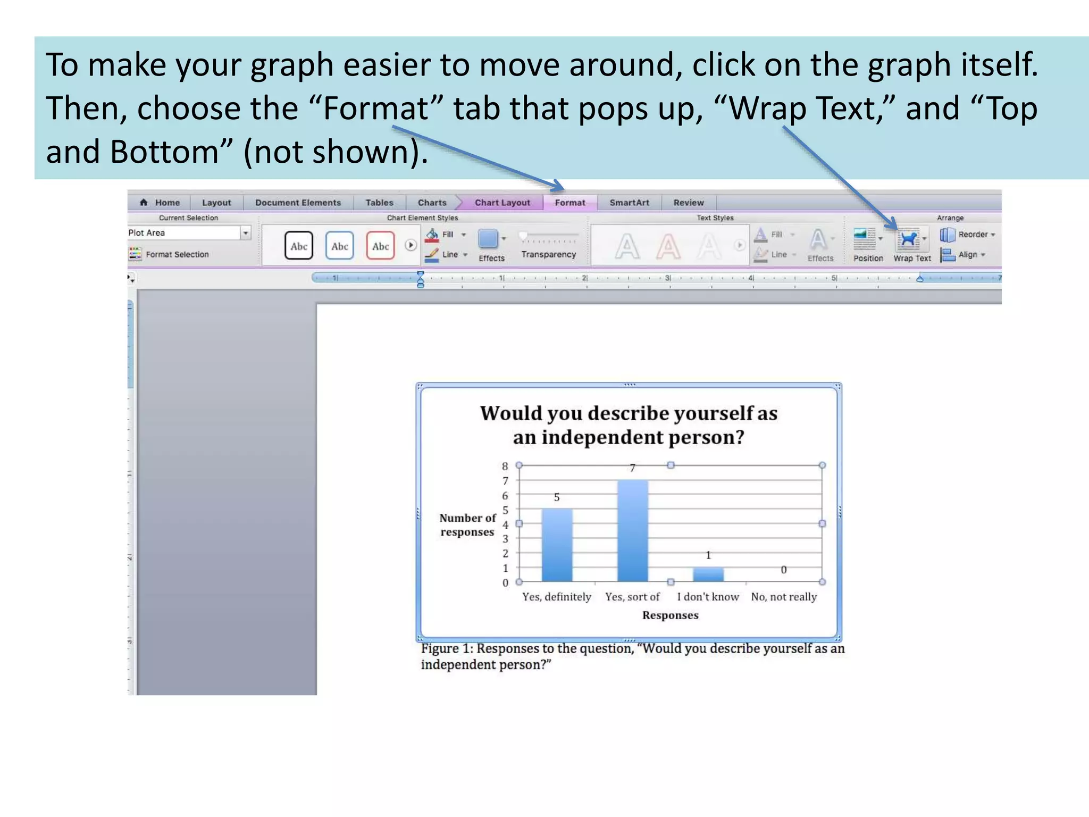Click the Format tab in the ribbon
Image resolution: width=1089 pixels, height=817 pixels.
click(x=569, y=203)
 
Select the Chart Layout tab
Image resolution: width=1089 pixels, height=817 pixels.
click(x=502, y=203)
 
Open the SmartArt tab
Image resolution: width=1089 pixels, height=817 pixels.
click(x=629, y=203)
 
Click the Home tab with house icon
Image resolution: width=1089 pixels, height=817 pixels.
click(x=160, y=203)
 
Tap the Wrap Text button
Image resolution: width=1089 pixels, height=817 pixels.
click(x=911, y=245)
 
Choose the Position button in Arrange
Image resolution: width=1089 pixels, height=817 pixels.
click(x=867, y=245)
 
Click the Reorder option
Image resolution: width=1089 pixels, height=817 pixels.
click(x=967, y=235)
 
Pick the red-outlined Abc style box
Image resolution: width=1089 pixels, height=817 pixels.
click(x=380, y=246)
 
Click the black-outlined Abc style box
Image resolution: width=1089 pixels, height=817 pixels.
click(x=298, y=246)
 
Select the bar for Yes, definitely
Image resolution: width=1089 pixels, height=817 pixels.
click(x=557, y=545)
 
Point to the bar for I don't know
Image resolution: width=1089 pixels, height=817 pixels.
click(x=708, y=574)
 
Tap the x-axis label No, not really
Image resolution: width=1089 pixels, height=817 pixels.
click(x=783, y=597)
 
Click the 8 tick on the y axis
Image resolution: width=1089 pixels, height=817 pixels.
click(x=505, y=466)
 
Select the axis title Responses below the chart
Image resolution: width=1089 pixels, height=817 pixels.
click(x=670, y=615)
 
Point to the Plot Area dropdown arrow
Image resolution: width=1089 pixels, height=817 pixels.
click(x=246, y=233)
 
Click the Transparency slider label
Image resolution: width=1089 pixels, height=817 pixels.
click(x=548, y=255)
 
